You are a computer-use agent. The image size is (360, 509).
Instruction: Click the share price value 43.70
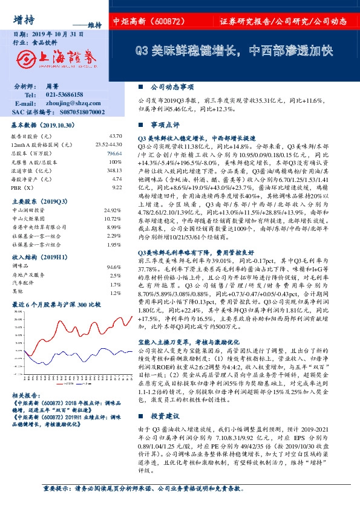click(116, 137)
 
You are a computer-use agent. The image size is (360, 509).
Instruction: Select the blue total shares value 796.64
click(115, 154)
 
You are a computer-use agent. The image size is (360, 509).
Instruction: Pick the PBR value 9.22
click(117, 187)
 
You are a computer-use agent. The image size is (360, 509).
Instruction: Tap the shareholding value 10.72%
click(113, 218)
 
